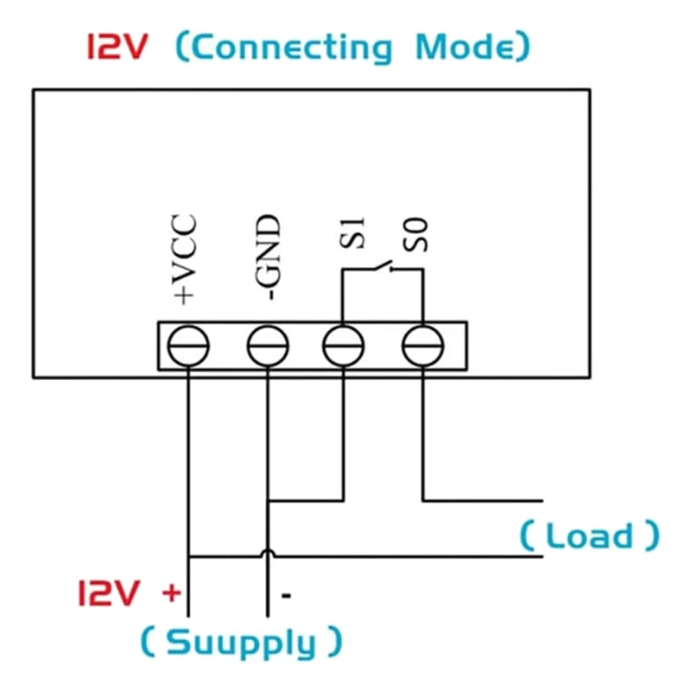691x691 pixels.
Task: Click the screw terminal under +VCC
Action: pos(187,347)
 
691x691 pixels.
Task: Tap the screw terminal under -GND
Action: pos(267,347)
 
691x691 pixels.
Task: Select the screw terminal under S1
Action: pos(343,347)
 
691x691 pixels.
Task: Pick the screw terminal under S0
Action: pos(423,347)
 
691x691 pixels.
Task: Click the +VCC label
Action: pos(184,259)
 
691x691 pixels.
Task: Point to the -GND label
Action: pos(269,258)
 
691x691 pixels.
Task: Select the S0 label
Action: pos(421,235)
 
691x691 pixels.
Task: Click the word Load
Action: pos(589,536)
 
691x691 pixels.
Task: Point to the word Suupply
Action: pos(241,643)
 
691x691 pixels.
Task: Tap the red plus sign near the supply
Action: pos(172,593)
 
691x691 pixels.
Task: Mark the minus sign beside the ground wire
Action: pos(286,595)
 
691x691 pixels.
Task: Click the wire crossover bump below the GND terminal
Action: pos(268,553)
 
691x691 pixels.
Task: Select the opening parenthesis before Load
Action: pos(528,536)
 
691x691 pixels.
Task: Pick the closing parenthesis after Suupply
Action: pos(333,643)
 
